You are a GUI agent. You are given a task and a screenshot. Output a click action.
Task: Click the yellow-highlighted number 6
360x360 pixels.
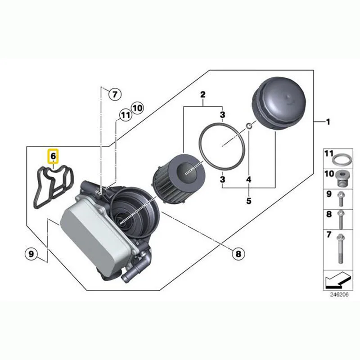53,156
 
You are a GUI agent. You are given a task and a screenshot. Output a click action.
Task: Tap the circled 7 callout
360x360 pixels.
114,94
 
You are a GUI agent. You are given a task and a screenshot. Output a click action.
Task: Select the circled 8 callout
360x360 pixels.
238,254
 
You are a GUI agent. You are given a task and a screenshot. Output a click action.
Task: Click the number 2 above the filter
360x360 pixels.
203,94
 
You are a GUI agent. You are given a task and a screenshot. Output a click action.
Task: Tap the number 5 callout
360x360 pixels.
248,201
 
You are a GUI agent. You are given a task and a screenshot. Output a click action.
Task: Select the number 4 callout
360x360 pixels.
248,180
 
